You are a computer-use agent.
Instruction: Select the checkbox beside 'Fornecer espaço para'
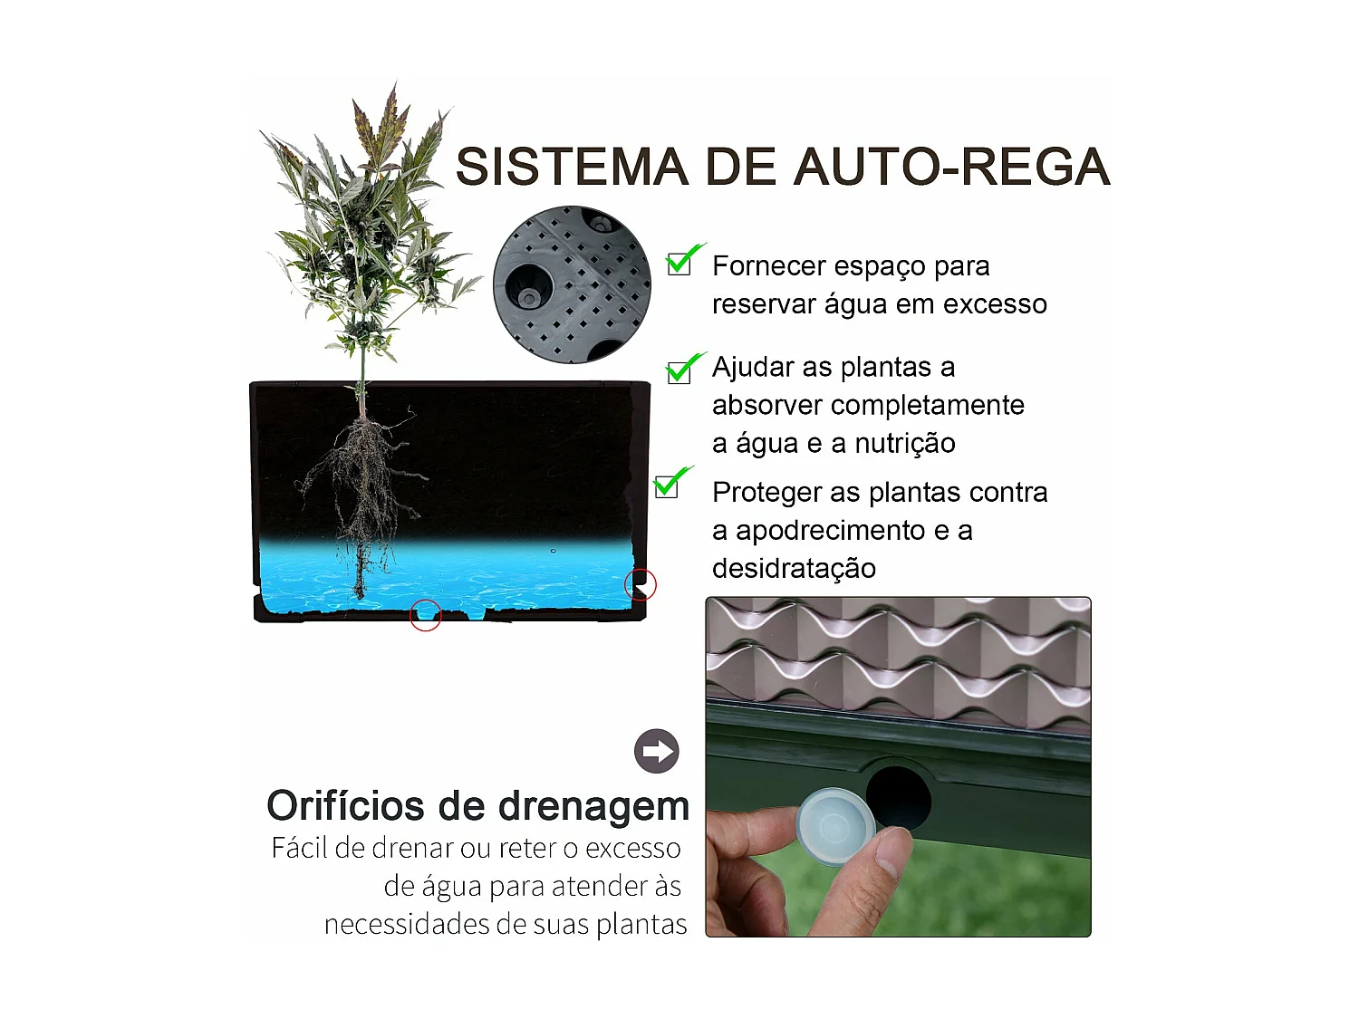tap(679, 264)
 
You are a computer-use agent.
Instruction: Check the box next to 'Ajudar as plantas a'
tap(679, 372)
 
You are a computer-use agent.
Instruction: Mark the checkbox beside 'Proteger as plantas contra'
tap(667, 485)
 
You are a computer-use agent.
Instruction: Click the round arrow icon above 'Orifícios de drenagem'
tap(657, 751)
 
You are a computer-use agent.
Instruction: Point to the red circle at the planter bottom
tap(426, 616)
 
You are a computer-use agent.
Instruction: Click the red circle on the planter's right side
tap(641, 585)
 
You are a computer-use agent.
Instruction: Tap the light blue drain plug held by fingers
tap(834, 826)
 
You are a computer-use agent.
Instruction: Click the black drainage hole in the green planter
tap(898, 797)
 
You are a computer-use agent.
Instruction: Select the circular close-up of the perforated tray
tap(572, 284)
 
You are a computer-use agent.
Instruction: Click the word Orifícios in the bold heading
tap(345, 806)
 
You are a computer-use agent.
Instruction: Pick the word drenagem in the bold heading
tap(593, 806)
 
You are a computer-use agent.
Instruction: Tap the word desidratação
tap(794, 569)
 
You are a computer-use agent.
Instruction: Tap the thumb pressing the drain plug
tap(870, 883)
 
